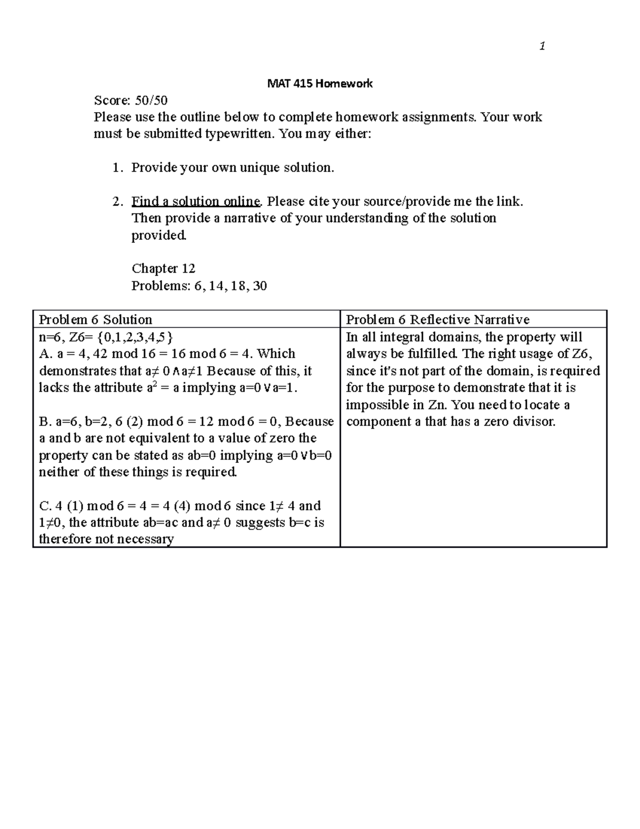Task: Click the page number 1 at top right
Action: click(542, 47)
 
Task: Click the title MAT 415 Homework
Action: click(319, 84)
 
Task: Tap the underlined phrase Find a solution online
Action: click(196, 201)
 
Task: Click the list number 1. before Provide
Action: click(117, 168)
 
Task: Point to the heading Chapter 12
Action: click(163, 269)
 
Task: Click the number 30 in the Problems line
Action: click(260, 286)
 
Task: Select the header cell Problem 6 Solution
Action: click(95, 319)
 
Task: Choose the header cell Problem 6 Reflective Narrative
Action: click(437, 319)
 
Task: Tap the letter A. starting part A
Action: click(44, 353)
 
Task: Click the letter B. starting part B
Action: click(44, 421)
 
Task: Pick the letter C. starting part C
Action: click(44, 506)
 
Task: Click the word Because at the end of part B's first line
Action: click(309, 421)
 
